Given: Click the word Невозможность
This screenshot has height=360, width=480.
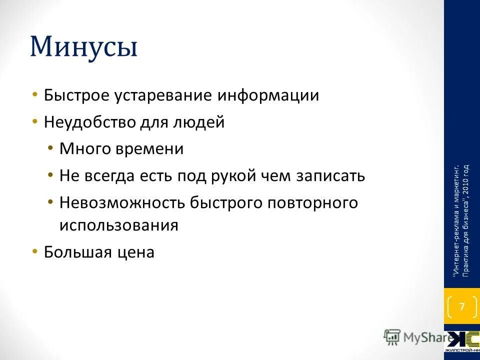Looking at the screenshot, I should [x=122, y=203].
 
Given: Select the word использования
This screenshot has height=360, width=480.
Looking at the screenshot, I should [x=118, y=225].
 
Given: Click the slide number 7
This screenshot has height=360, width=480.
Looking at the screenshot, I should [x=461, y=306].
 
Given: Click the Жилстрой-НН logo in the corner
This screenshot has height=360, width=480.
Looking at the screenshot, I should [x=461, y=342].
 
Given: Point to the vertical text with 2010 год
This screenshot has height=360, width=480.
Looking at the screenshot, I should [x=466, y=220].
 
